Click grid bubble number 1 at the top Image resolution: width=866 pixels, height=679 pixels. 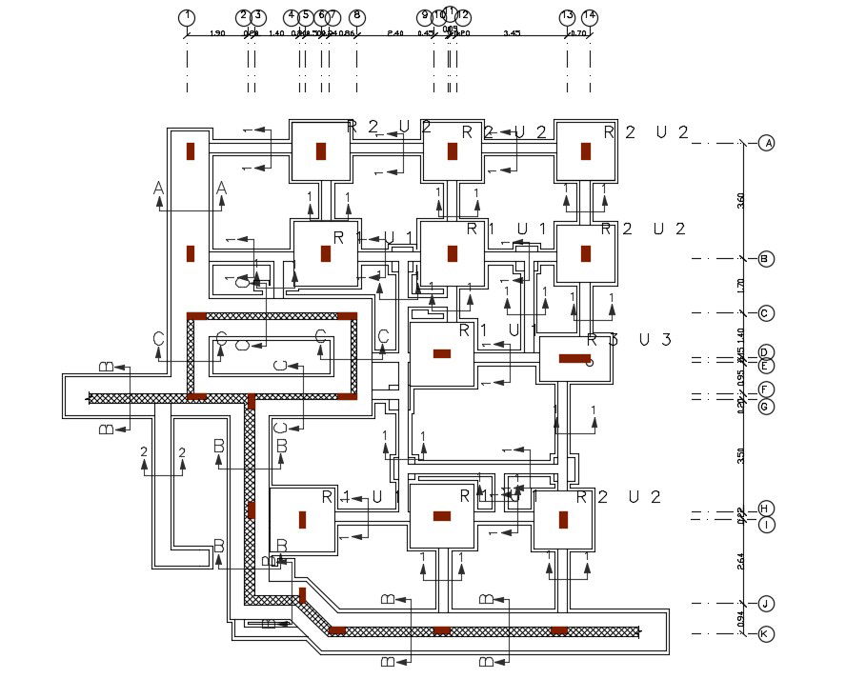(188, 17)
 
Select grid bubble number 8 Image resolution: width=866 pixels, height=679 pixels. (356, 17)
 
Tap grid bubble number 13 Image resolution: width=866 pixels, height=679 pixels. (567, 17)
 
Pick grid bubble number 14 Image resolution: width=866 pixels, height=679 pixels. (590, 17)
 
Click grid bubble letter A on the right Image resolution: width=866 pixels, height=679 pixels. (767, 144)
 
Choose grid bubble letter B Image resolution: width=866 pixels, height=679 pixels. (767, 259)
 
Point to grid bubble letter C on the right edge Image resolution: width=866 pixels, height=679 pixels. (767, 313)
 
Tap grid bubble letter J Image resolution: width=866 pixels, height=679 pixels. (767, 604)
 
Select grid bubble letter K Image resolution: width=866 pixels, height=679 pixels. (767, 634)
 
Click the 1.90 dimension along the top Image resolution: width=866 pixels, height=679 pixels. (216, 34)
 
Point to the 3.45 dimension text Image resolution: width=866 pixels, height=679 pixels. (512, 34)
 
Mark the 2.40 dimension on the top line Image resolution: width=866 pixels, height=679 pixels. (395, 34)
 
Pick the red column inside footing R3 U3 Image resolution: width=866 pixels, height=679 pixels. (574, 358)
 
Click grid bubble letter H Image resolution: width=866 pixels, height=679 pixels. (767, 509)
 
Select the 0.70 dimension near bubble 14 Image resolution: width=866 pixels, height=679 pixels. (578, 34)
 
